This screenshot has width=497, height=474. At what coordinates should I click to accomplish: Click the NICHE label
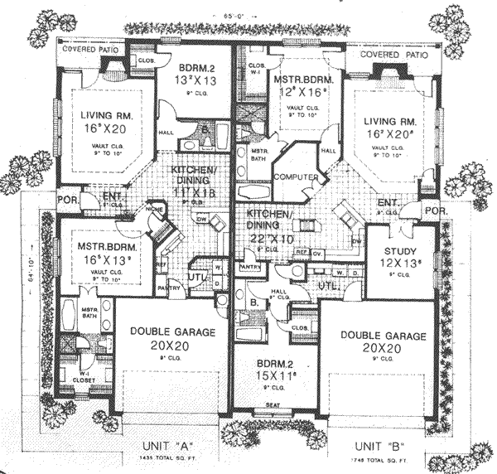point(154,210)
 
